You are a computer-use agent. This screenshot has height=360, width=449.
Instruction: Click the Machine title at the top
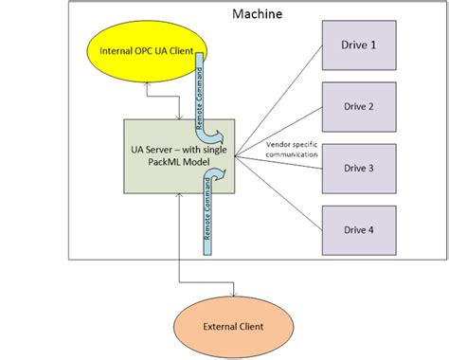point(257,17)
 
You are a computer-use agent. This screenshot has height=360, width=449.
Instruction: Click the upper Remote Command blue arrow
point(203,95)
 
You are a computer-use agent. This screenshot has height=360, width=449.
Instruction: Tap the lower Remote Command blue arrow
point(207,213)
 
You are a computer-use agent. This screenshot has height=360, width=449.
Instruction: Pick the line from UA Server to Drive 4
point(279,195)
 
